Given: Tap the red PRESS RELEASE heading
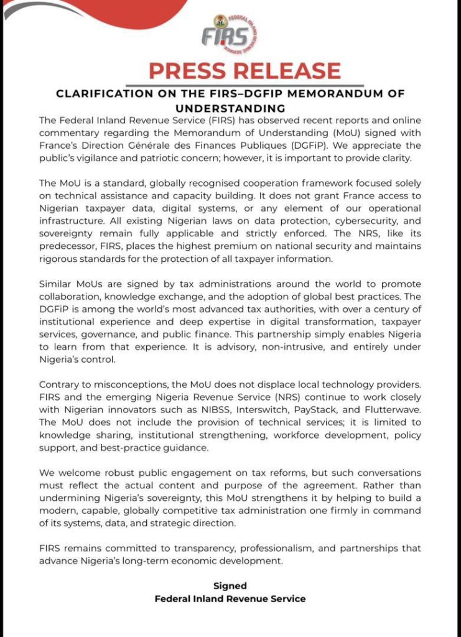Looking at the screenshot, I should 244,71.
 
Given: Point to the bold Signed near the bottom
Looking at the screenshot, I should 230,586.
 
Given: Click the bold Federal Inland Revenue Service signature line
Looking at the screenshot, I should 230,599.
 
